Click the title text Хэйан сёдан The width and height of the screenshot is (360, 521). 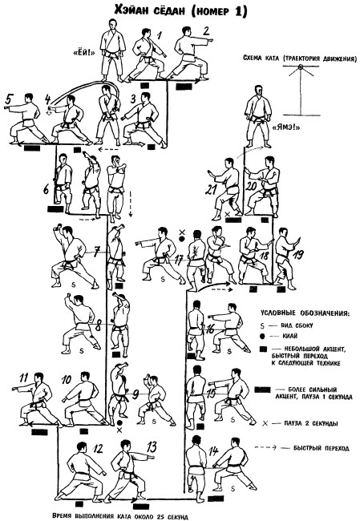[x=150, y=10]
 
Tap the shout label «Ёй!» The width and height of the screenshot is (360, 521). [x=83, y=52]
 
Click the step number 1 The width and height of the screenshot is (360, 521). [x=160, y=34]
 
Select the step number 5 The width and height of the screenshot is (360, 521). [x=10, y=99]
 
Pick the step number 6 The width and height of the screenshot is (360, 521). [x=47, y=190]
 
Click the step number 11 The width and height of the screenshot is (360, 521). [x=24, y=378]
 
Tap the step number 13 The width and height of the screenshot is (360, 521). [x=152, y=447]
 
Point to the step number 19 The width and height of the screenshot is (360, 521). [x=298, y=255]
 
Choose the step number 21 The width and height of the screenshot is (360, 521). [x=210, y=191]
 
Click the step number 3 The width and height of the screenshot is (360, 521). [x=133, y=99]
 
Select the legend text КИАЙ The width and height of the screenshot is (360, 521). [x=290, y=337]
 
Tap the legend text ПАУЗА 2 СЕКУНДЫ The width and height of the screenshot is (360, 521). [x=311, y=423]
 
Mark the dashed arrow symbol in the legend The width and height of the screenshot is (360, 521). [x=265, y=447]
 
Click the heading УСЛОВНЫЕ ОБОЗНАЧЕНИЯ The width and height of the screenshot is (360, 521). [x=305, y=313]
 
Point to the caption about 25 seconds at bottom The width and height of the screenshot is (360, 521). [x=120, y=516]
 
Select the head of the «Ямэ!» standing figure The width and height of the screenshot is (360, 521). [x=258, y=91]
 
